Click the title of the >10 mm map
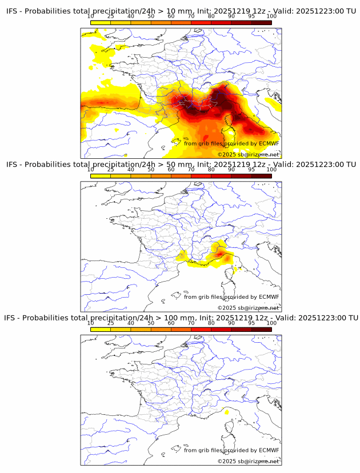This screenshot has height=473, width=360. point(181,11)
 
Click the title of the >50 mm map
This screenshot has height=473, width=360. point(181,165)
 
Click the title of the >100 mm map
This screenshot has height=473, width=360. point(181,318)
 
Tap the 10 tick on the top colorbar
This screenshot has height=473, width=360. point(91,16)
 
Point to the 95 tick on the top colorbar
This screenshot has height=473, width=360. point(251,16)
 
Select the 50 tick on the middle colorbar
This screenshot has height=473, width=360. point(151,169)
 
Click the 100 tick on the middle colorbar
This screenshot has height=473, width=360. point(271,169)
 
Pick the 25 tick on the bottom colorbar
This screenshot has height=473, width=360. point(111,323)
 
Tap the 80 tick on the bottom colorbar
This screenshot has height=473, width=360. point(211,323)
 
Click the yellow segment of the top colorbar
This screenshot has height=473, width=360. point(101,22)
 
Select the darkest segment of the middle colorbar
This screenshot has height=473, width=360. point(261,176)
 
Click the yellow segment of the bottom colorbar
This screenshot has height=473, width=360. point(101,329)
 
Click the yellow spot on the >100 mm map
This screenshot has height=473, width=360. point(227,411)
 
